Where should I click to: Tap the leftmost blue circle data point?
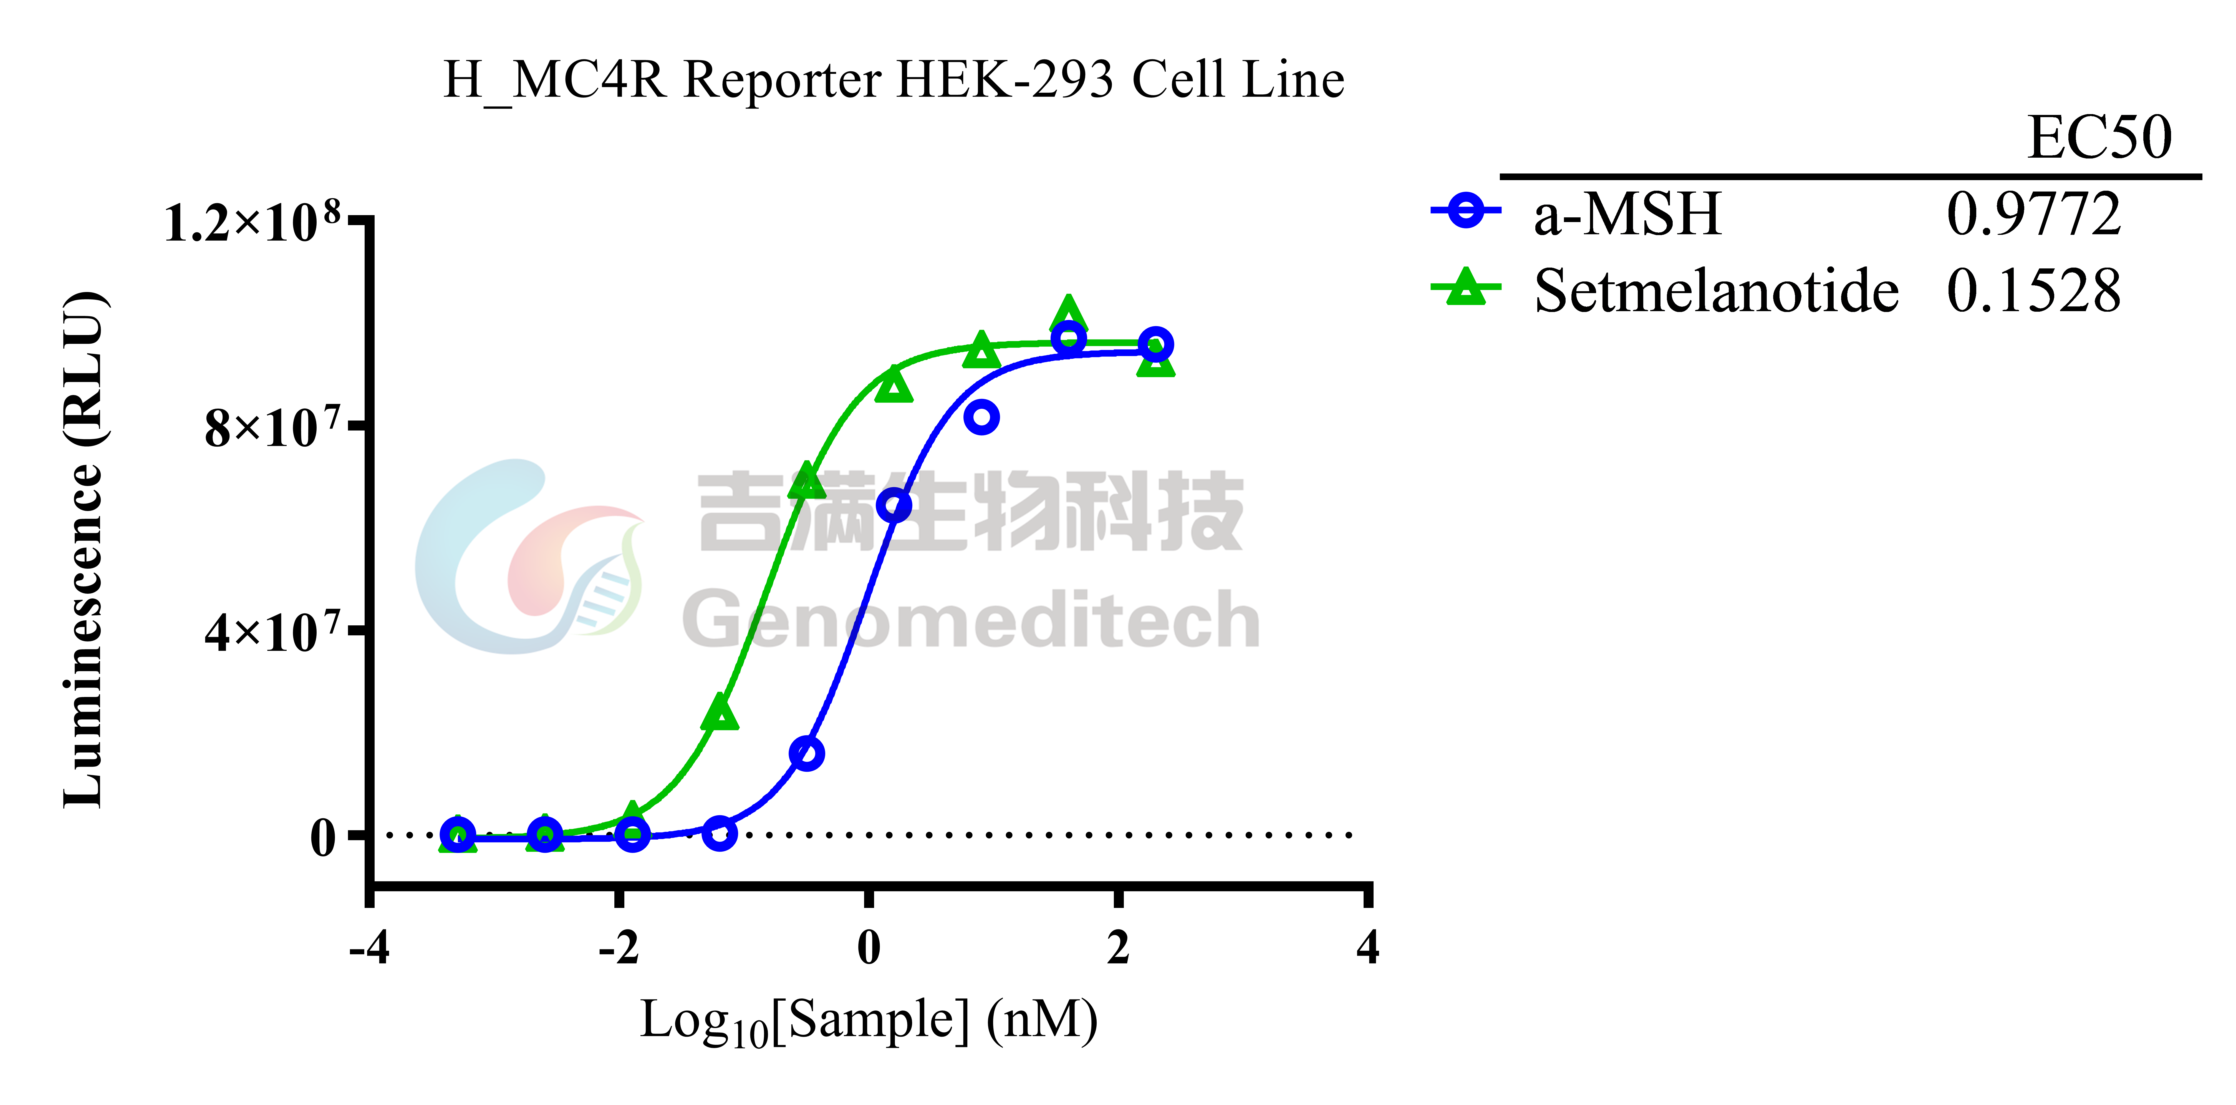click(x=458, y=834)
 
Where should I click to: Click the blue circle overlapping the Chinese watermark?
click(x=894, y=504)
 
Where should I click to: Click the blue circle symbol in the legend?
click(x=1465, y=210)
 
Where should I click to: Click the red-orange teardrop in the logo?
click(x=556, y=555)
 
